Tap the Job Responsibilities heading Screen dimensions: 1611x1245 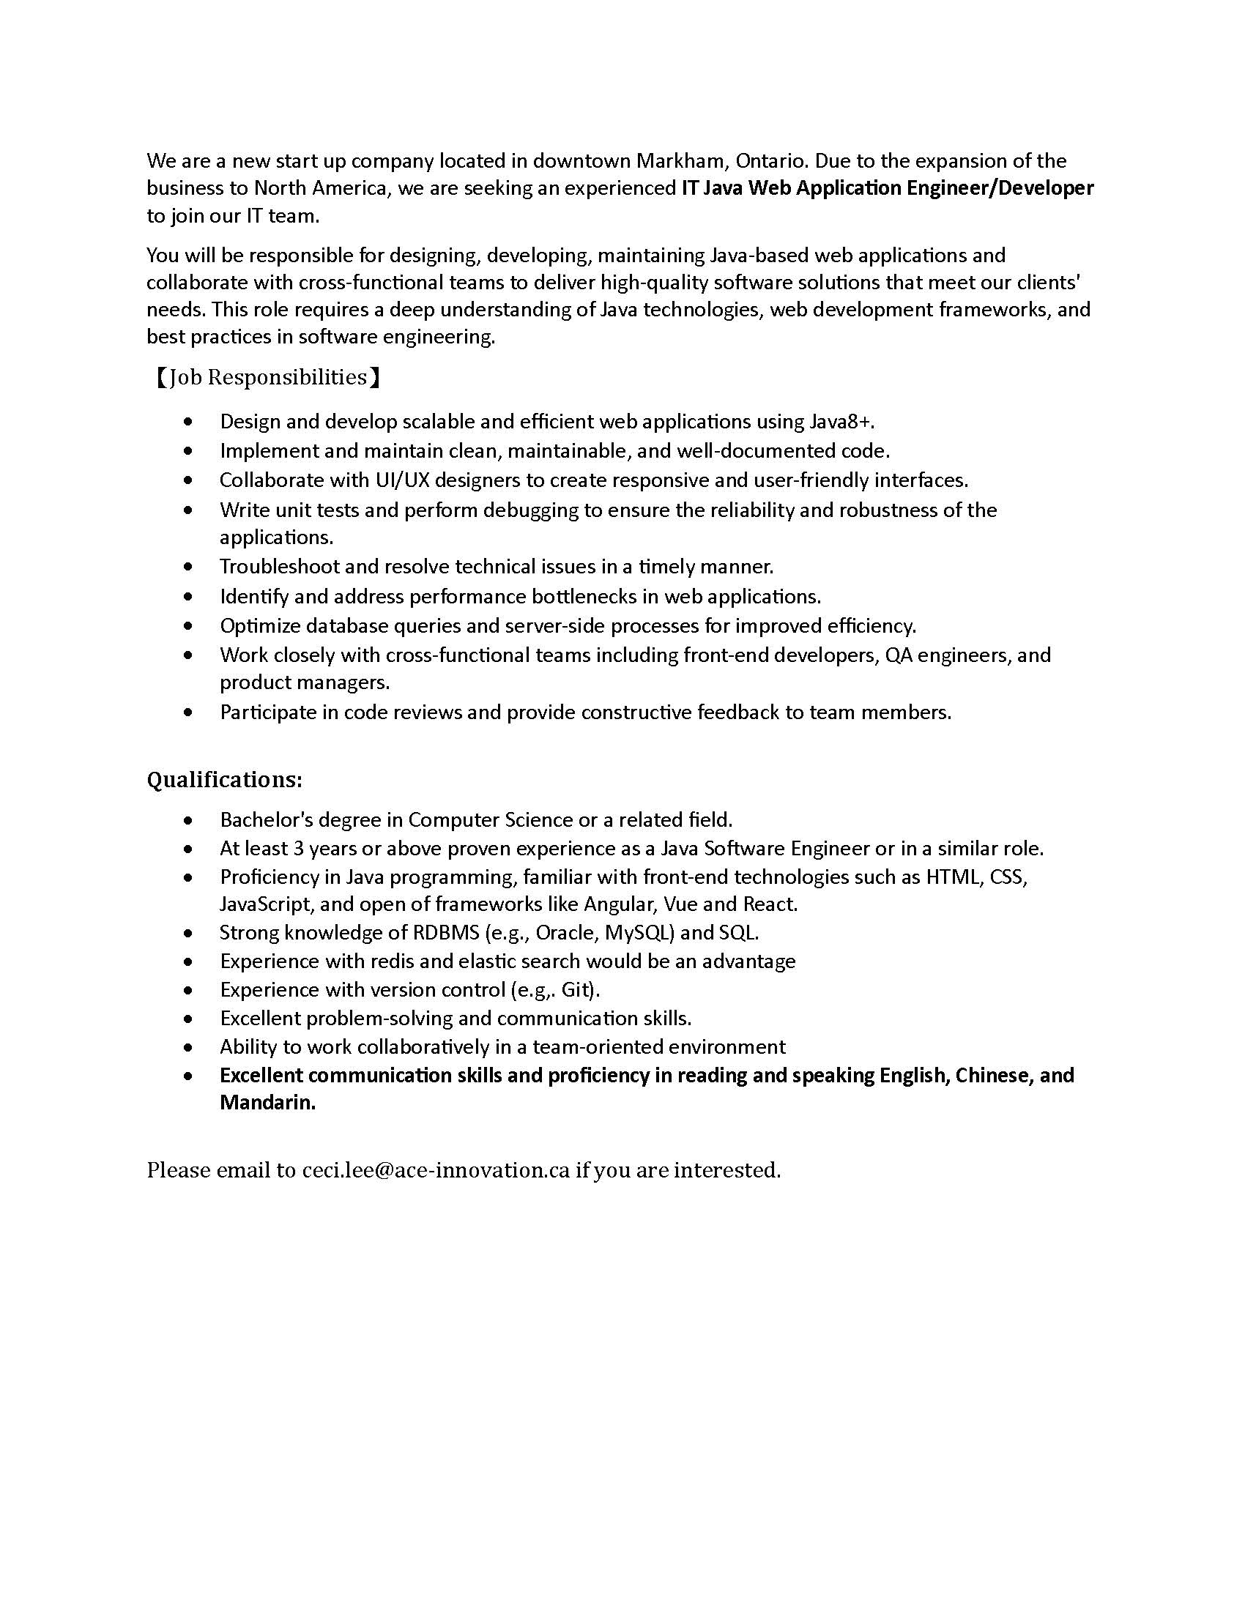tap(267, 377)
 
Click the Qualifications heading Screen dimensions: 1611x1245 tap(224, 780)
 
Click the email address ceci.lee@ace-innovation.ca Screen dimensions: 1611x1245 tap(436, 1170)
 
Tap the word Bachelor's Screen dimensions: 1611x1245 tap(267, 819)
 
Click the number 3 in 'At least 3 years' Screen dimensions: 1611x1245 tap(299, 848)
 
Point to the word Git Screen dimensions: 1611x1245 tap(578, 989)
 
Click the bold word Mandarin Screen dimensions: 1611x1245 tap(267, 1103)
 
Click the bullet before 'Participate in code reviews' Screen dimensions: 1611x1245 tap(190, 713)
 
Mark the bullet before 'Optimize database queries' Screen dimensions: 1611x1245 tap(190, 626)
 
